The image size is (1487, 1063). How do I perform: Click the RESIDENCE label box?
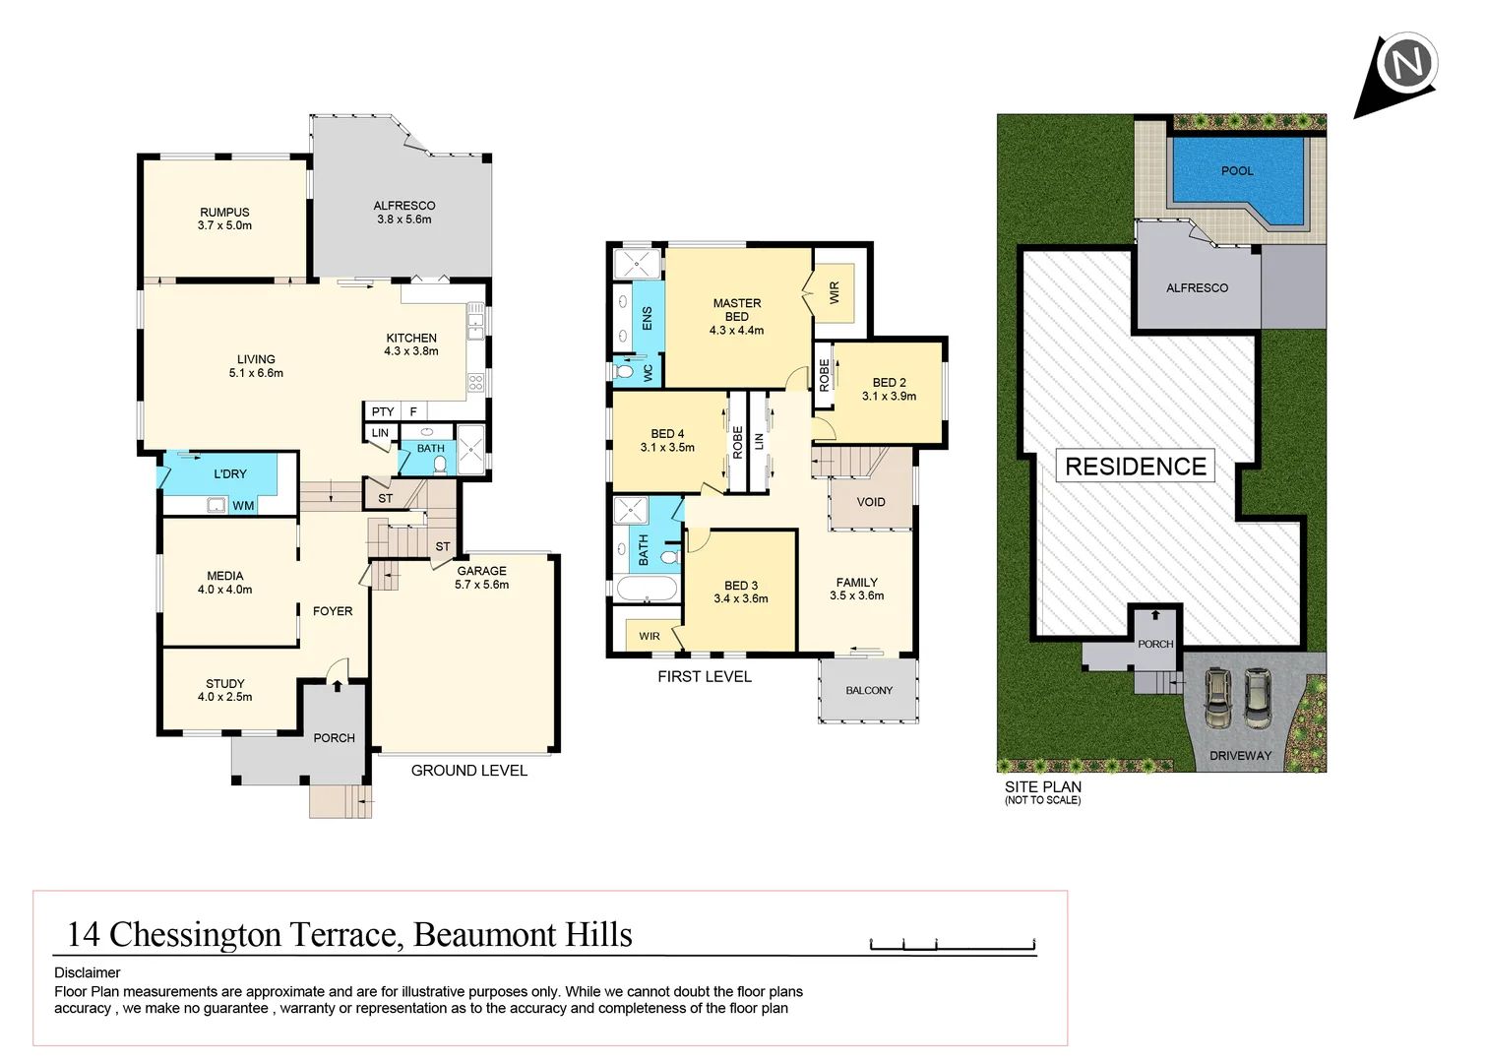1135,467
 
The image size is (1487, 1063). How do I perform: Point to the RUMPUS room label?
224,212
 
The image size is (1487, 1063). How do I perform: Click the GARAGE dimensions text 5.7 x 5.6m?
481,585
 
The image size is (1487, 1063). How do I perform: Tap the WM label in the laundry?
243,506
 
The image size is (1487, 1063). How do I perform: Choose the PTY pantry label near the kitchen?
383,411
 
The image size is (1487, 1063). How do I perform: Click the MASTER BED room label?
736,310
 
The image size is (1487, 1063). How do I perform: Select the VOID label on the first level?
870,502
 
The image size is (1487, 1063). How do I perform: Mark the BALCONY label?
869,691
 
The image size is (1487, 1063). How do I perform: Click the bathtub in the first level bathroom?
647,589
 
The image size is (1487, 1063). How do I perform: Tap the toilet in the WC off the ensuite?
624,372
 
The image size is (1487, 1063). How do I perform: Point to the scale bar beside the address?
953,946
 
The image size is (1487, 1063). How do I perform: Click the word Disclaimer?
88,972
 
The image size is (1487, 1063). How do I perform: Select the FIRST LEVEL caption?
705,677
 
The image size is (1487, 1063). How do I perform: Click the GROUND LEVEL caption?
468,771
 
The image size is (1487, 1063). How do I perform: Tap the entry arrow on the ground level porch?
337,686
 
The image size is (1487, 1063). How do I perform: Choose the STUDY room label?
224,683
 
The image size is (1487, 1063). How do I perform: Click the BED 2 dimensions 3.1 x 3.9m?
889,397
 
